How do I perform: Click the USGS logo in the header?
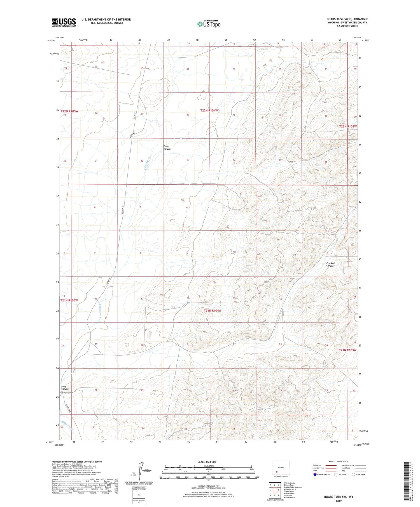pyautogui.click(x=64, y=22)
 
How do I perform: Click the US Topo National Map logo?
pyautogui.click(x=209, y=24)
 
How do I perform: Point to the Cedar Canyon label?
pyautogui.click(x=167, y=148)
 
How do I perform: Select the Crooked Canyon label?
pyautogui.click(x=330, y=264)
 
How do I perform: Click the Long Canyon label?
pyautogui.click(x=65, y=388)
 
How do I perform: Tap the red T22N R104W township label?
pyautogui.click(x=209, y=110)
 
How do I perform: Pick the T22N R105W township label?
pyautogui.click(x=69, y=111)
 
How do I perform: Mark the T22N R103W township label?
pyautogui.click(x=348, y=126)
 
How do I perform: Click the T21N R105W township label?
pyautogui.click(x=69, y=300)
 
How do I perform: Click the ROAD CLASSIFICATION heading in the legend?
pyautogui.click(x=339, y=461)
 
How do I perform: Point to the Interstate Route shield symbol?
pyautogui.click(x=315, y=475)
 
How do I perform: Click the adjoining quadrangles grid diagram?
pyautogui.click(x=275, y=488)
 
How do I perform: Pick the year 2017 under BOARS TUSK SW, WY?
pyautogui.click(x=339, y=501)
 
